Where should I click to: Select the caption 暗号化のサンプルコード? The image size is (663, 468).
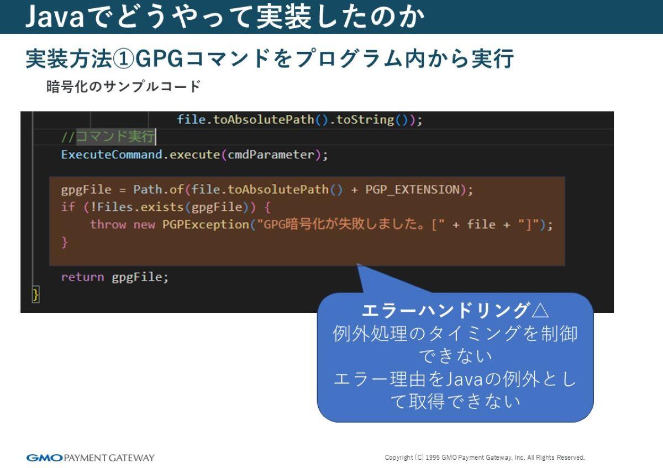click(x=123, y=87)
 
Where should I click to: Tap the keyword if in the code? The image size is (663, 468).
click(x=67, y=207)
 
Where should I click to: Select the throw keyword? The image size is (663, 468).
click(x=108, y=225)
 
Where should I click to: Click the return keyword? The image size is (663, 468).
click(x=82, y=276)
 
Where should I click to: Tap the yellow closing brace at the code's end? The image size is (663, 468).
click(x=36, y=294)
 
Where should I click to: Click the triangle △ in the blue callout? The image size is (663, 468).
click(x=539, y=310)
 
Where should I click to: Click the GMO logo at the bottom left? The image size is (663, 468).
click(x=45, y=458)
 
